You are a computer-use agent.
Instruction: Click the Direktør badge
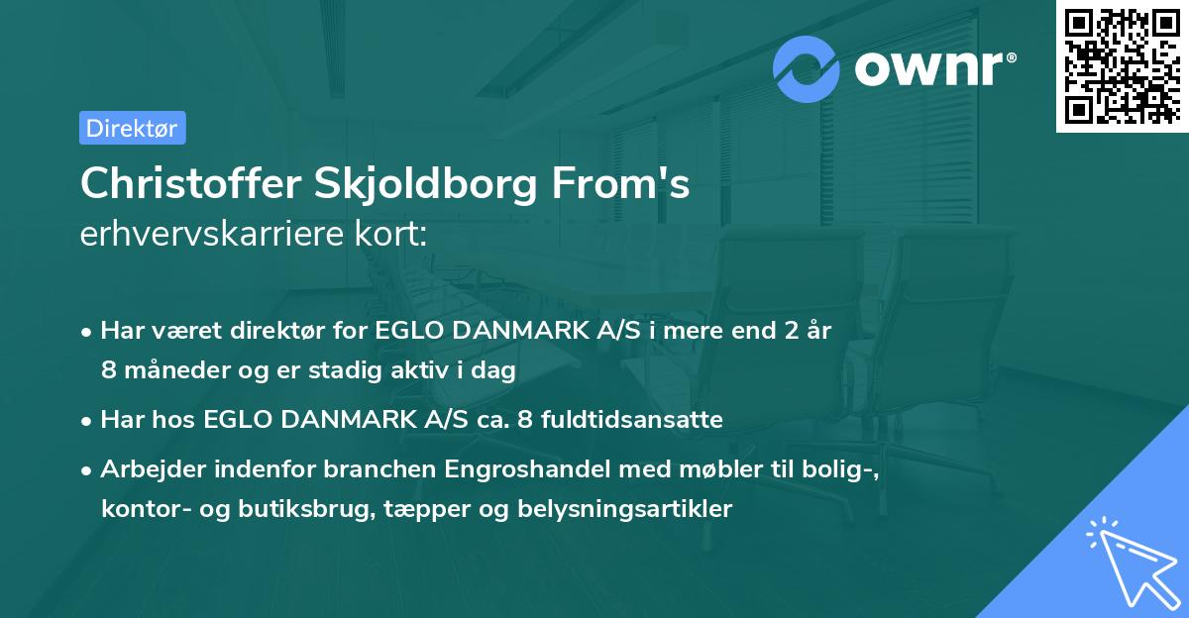(132, 128)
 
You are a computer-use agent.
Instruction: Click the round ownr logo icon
(808, 69)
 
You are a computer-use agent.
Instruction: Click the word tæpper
(428, 509)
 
